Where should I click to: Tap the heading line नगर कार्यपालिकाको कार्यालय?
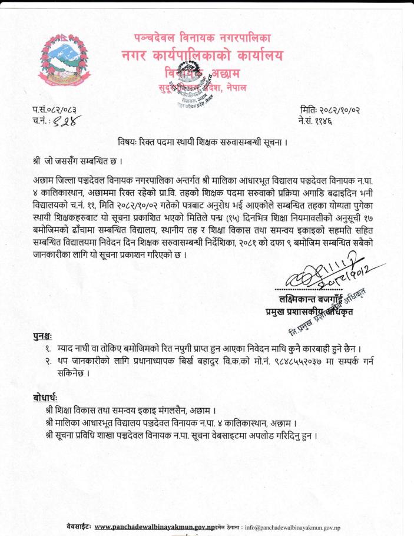click(x=202, y=57)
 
